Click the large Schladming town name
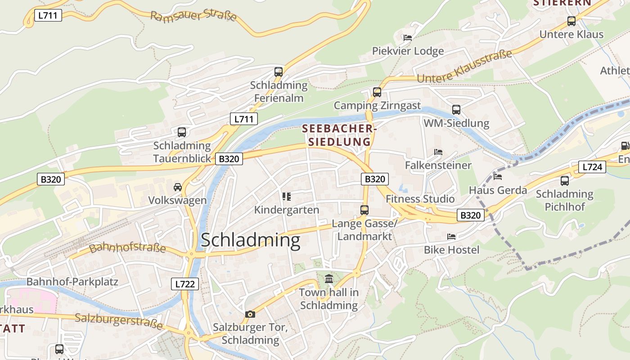coord(250,240)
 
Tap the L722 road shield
coord(185,284)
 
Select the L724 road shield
coord(592,167)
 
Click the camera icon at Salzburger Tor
coord(250,314)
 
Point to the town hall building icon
coord(329,279)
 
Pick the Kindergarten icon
coord(286,197)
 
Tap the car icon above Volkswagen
coord(178,187)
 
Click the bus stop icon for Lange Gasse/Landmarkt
coord(364,210)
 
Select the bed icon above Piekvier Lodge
coord(408,38)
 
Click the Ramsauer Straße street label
coord(193,17)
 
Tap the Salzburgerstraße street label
coord(118,321)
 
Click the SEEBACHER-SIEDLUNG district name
coord(338,135)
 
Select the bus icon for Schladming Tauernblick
coord(182,132)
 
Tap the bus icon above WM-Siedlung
coord(456,110)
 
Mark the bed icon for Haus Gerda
coord(498,176)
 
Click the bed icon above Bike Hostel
coord(451,237)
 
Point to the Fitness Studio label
coord(420,199)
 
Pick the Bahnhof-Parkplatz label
coord(72,282)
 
